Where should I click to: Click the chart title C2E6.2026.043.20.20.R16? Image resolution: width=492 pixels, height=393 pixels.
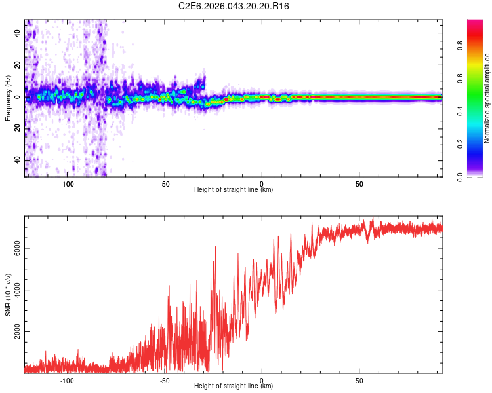tap(234, 6)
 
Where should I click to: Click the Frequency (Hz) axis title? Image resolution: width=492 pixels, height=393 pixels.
tap(8, 98)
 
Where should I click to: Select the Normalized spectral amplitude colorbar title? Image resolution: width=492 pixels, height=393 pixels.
tap(487, 98)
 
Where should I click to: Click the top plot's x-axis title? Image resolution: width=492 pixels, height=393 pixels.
tap(234, 189)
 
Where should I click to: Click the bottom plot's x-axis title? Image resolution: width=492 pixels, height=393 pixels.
tap(234, 386)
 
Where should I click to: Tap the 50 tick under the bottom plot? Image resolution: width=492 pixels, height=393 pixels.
tap(359, 380)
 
